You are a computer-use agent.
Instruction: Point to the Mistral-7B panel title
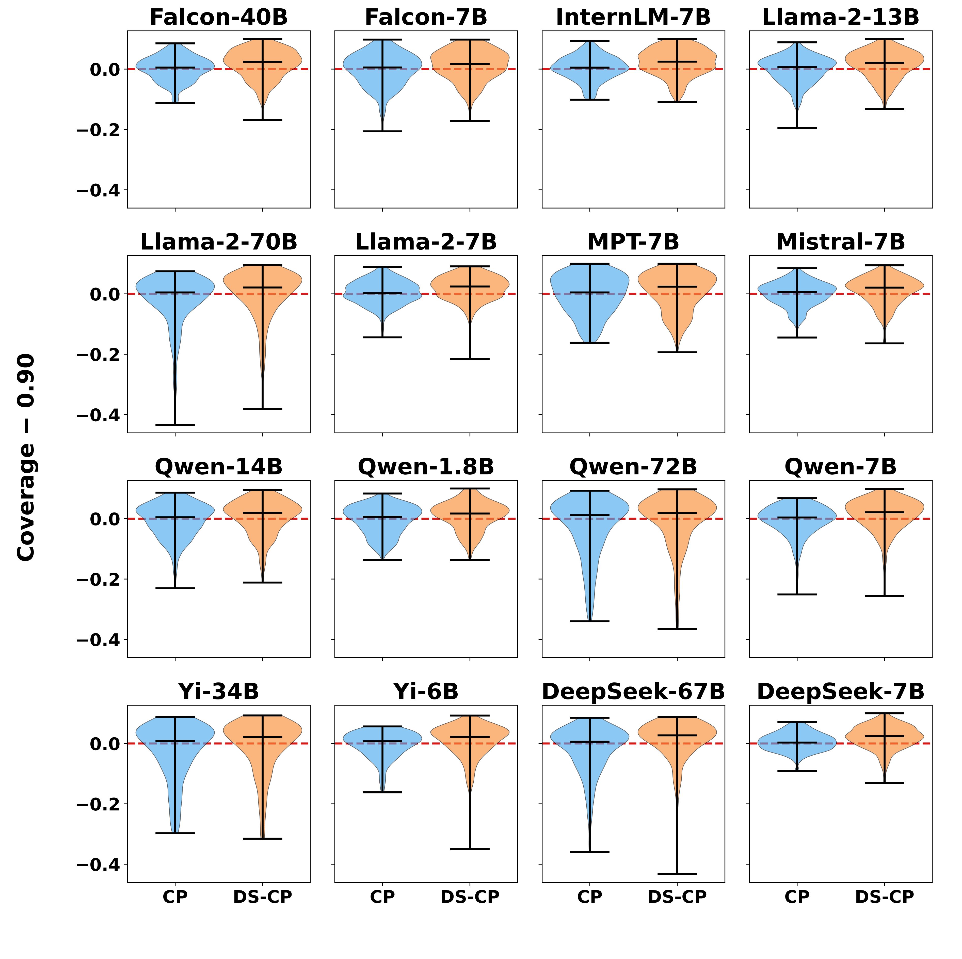[841, 243]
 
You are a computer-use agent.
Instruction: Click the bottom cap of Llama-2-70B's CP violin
[175, 425]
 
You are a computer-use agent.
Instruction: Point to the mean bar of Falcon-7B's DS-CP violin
[470, 64]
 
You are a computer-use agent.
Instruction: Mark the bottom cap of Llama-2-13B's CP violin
[797, 128]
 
